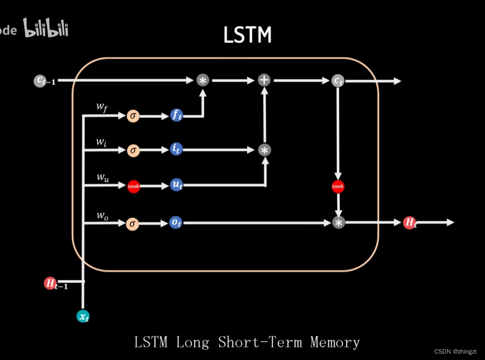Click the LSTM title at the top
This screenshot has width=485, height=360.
click(x=247, y=35)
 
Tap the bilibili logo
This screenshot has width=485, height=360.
click(x=46, y=29)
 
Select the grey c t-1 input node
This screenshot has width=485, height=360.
click(x=40, y=81)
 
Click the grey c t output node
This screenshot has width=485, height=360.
click(x=337, y=81)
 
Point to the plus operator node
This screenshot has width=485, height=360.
click(x=264, y=80)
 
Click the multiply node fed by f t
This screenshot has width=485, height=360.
click(x=203, y=80)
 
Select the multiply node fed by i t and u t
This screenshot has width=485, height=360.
click(x=265, y=150)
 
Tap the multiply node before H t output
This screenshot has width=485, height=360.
click(x=338, y=222)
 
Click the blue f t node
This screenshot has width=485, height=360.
click(x=176, y=116)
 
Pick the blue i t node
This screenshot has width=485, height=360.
click(x=176, y=150)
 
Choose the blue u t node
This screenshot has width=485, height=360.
click(x=176, y=185)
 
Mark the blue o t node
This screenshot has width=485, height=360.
click(x=176, y=222)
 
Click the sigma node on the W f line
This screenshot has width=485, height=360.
click(x=133, y=116)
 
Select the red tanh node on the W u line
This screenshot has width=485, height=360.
click(x=133, y=186)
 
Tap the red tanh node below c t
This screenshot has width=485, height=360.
click(x=338, y=186)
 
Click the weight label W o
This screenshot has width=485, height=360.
click(x=102, y=215)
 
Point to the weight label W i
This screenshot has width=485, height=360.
click(x=101, y=143)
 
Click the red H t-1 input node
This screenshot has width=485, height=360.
click(x=50, y=283)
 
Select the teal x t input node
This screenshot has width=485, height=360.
click(x=83, y=316)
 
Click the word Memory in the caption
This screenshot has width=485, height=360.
click(x=335, y=342)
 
